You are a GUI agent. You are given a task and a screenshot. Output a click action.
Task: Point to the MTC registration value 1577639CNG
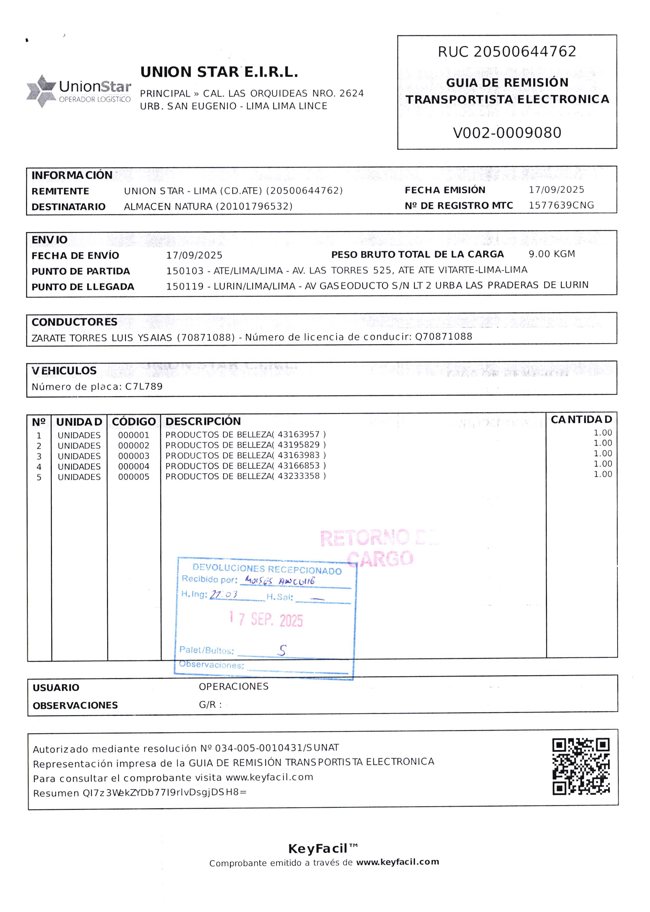pyautogui.click(x=561, y=205)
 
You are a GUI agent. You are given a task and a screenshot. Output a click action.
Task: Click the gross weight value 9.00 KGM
pyautogui.click(x=552, y=254)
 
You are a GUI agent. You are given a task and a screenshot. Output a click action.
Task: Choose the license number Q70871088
pyautogui.click(x=443, y=336)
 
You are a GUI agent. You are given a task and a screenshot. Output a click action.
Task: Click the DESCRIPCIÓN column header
pyautogui.click(x=203, y=421)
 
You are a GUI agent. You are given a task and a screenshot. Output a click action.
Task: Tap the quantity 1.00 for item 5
pyautogui.click(x=602, y=474)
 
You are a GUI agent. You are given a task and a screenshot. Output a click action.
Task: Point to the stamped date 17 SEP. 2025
pyautogui.click(x=266, y=620)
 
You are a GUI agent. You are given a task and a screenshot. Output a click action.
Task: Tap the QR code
pyautogui.click(x=581, y=766)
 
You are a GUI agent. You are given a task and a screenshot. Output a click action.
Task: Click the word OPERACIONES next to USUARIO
pyautogui.click(x=233, y=686)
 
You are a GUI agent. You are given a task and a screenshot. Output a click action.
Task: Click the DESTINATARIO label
pyautogui.click(x=68, y=207)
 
